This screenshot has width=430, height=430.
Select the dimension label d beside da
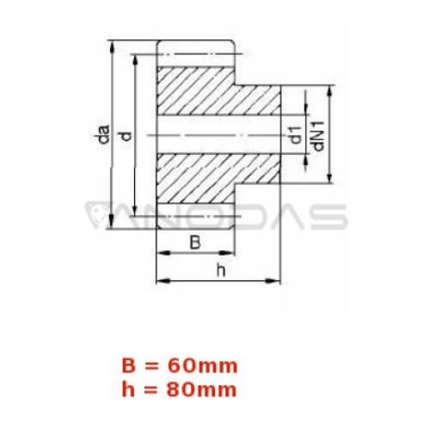point(126,136)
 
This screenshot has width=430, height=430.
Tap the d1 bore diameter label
point(296,135)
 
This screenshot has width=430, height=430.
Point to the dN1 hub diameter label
point(318,136)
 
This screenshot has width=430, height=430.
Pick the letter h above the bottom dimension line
point(221,270)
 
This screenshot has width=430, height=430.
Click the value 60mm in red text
point(203,366)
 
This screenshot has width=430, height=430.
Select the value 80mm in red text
point(202,390)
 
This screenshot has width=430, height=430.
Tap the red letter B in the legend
point(128,366)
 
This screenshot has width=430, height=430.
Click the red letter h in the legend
point(128,390)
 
